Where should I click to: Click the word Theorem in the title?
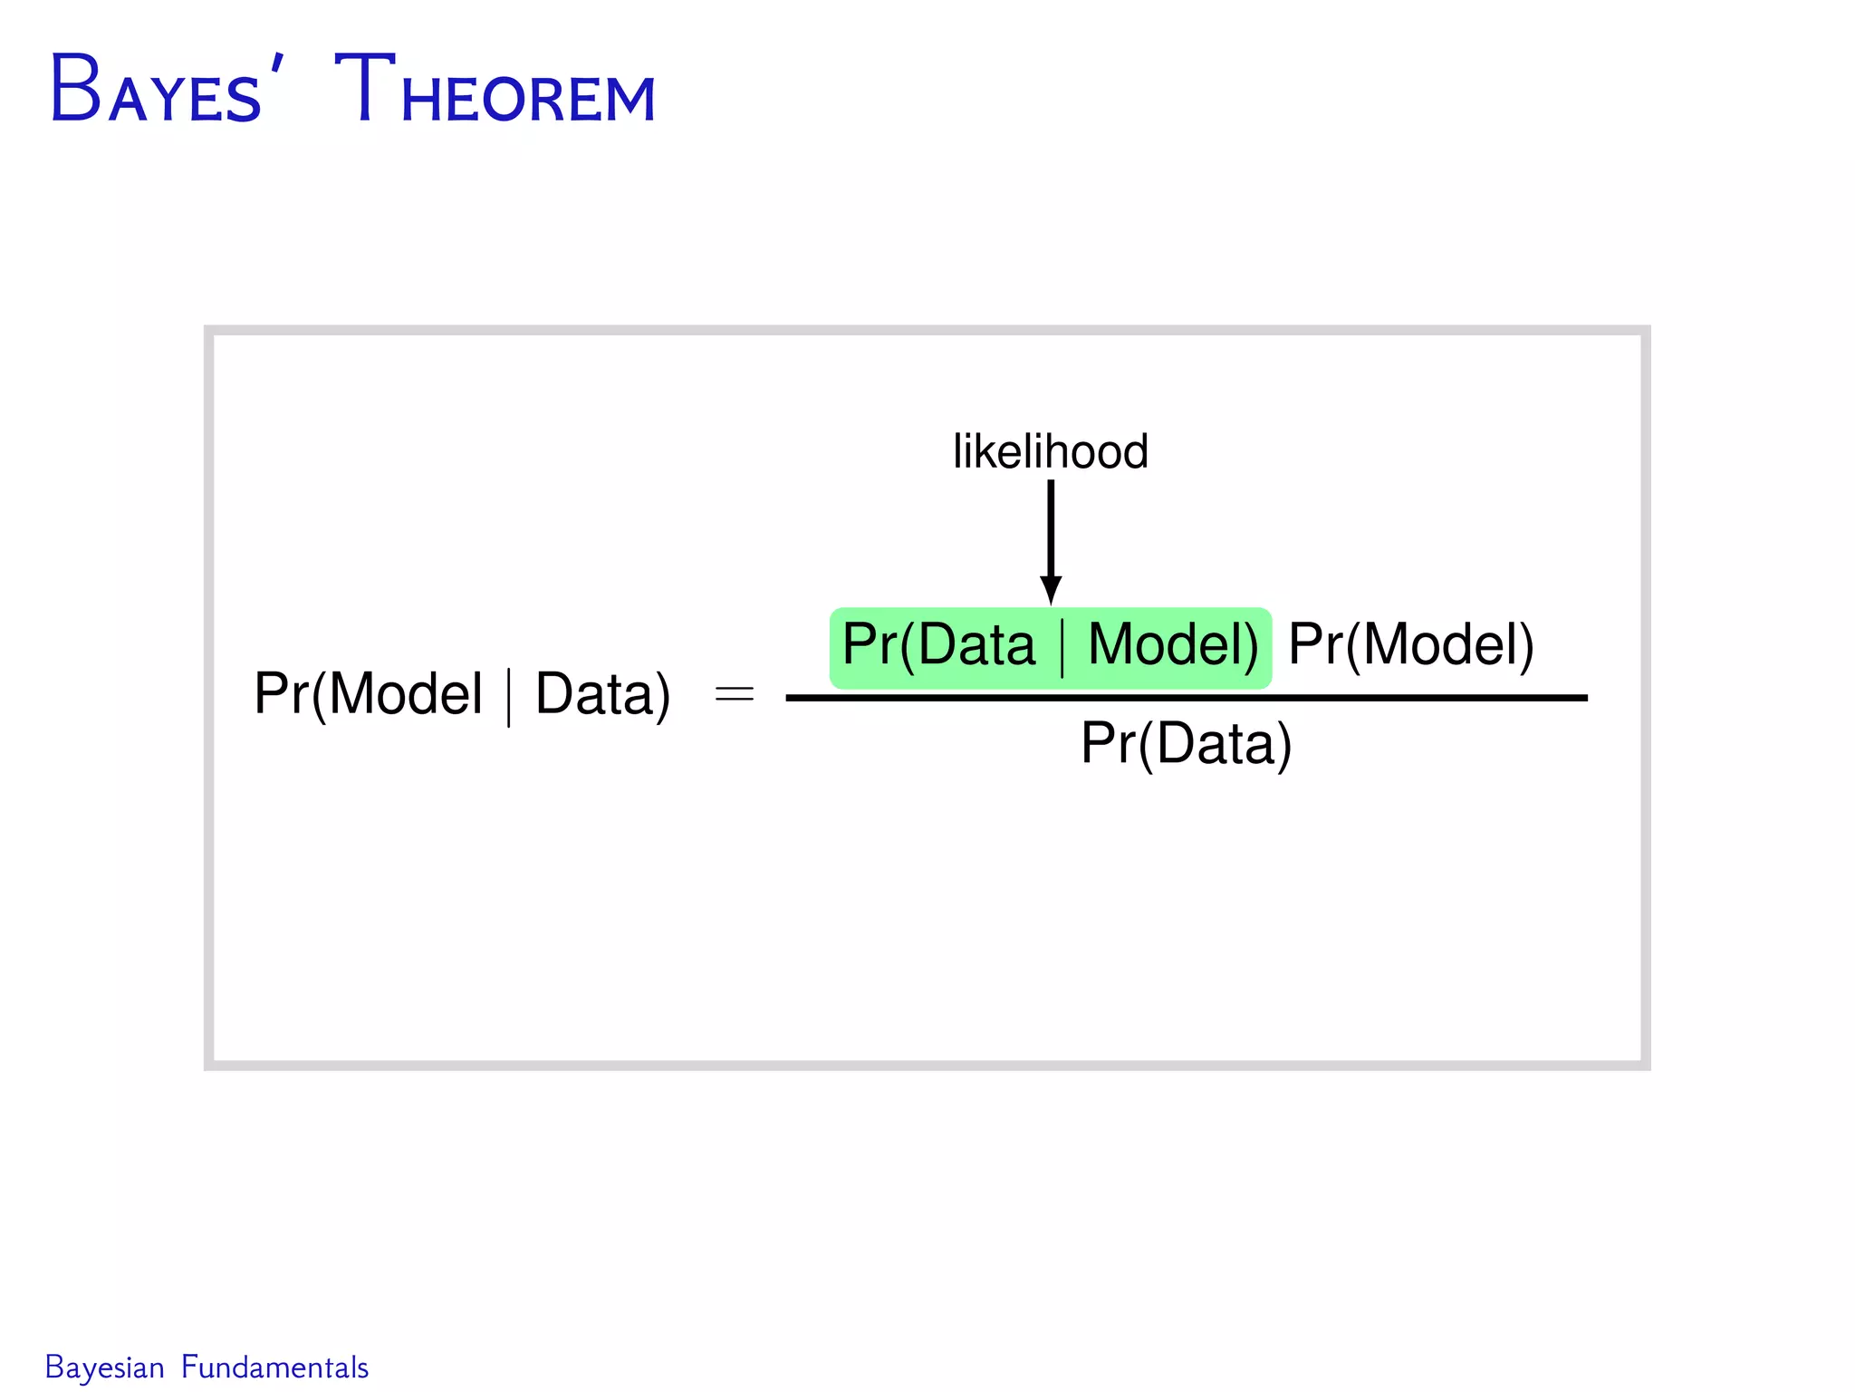coord(495,91)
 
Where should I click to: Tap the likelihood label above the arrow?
coord(1051,451)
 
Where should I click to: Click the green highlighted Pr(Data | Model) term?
coord(1050,647)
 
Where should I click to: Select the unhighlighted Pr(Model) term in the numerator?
coord(1410,645)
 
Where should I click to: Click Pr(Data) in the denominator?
coord(1186,744)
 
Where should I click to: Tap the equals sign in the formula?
coord(734,695)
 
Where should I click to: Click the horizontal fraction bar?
coord(1186,698)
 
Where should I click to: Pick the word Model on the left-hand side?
coord(405,695)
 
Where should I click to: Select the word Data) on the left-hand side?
coord(602,695)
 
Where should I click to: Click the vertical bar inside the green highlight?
coord(1062,647)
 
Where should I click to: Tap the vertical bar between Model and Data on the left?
coord(509,697)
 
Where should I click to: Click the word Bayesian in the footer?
coord(105,1368)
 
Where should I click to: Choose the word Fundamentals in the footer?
coord(274,1368)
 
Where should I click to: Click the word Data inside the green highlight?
coord(976,645)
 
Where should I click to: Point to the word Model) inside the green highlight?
coord(1172,645)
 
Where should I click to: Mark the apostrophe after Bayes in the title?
coord(277,65)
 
